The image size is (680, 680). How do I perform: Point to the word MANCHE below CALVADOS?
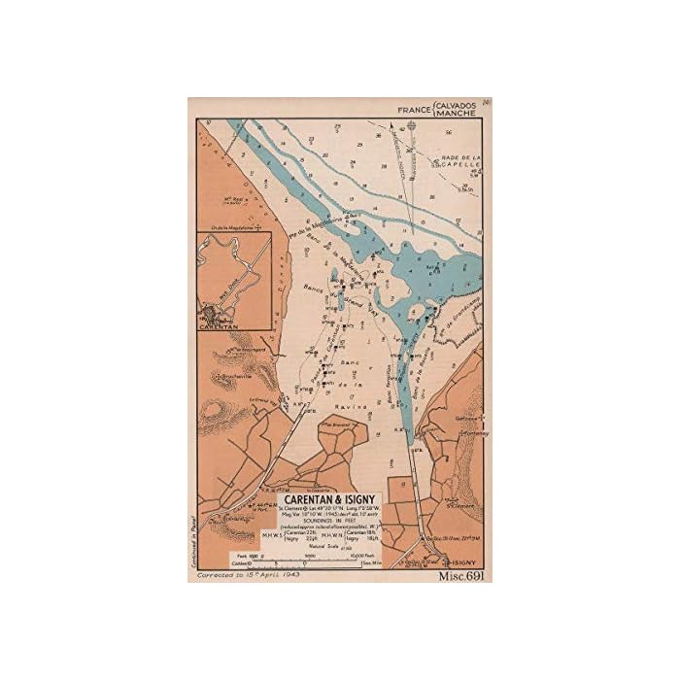click(x=459, y=114)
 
